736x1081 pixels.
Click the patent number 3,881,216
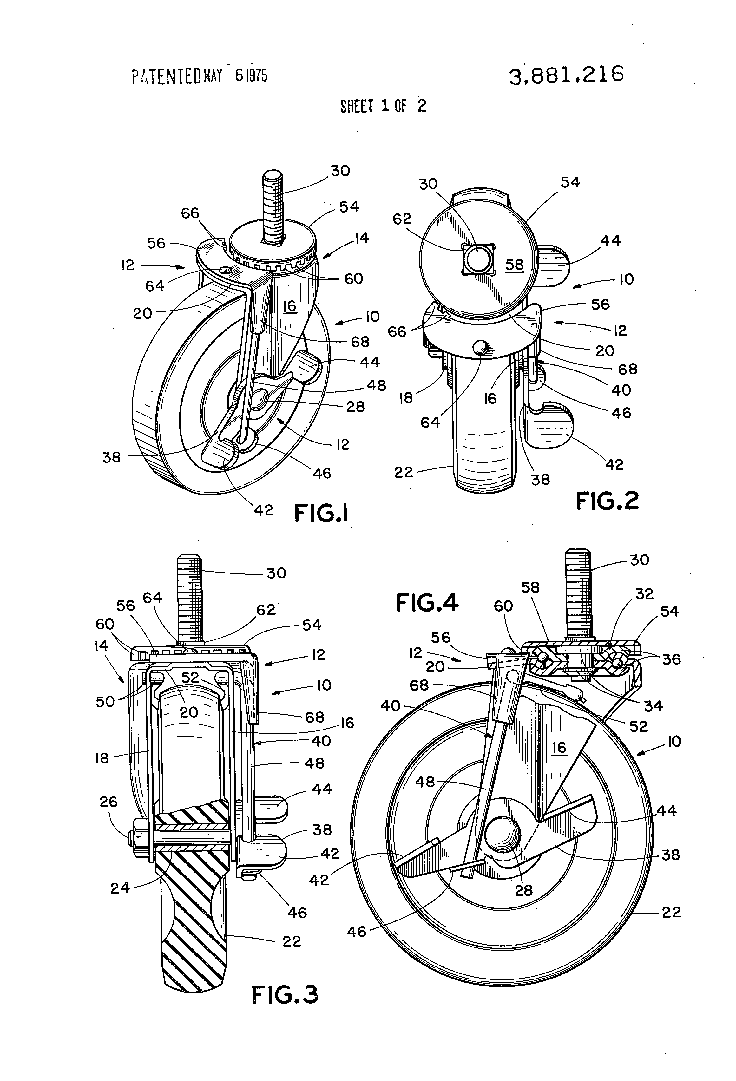(x=566, y=75)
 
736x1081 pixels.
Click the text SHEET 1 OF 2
(x=383, y=107)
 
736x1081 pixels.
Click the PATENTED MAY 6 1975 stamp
(x=199, y=76)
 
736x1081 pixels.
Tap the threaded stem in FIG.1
(x=273, y=205)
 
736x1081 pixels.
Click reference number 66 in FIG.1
(x=190, y=213)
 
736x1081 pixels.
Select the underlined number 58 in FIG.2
(x=514, y=265)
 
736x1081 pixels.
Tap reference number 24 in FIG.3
(x=120, y=888)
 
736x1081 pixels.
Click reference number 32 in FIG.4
(x=644, y=594)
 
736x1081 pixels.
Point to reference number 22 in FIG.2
(x=403, y=473)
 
